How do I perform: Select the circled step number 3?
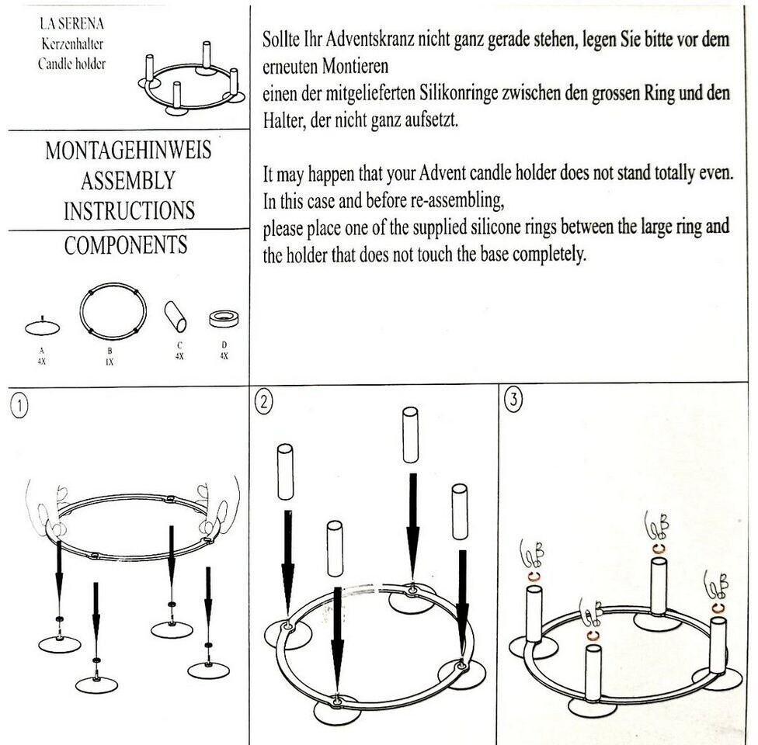[x=513, y=400]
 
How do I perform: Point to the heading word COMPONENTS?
[x=126, y=246]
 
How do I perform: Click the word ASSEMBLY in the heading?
[x=128, y=180]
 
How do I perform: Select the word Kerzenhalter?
[x=72, y=45]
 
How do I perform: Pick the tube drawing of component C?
[x=176, y=317]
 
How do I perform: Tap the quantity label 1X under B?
[x=110, y=362]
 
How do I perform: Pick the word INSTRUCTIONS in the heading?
[x=129, y=210]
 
